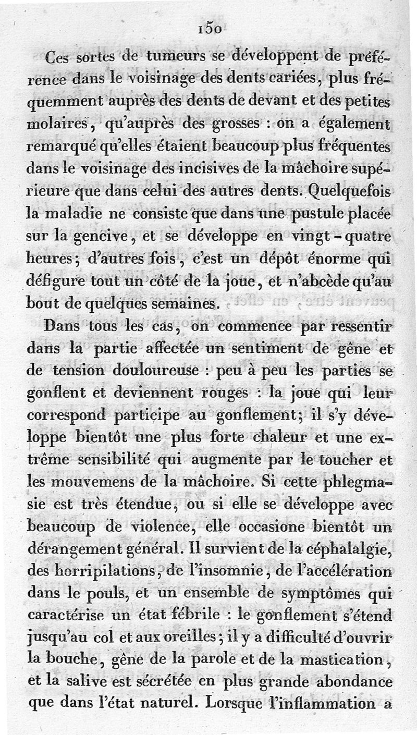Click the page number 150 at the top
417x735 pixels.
click(x=211, y=30)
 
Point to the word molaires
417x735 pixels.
click(x=56, y=126)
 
